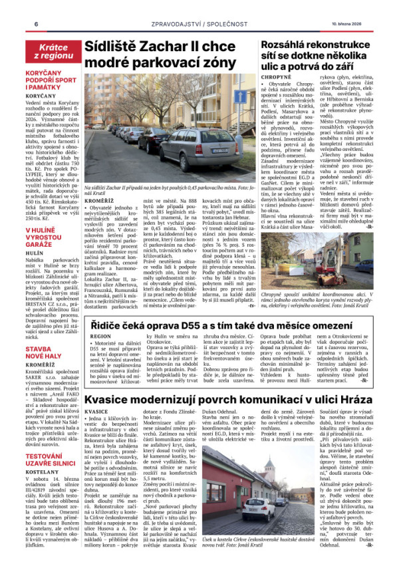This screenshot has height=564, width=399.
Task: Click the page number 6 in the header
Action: coord(35,25)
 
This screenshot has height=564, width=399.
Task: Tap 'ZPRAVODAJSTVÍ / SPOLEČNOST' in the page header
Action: coord(199,25)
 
